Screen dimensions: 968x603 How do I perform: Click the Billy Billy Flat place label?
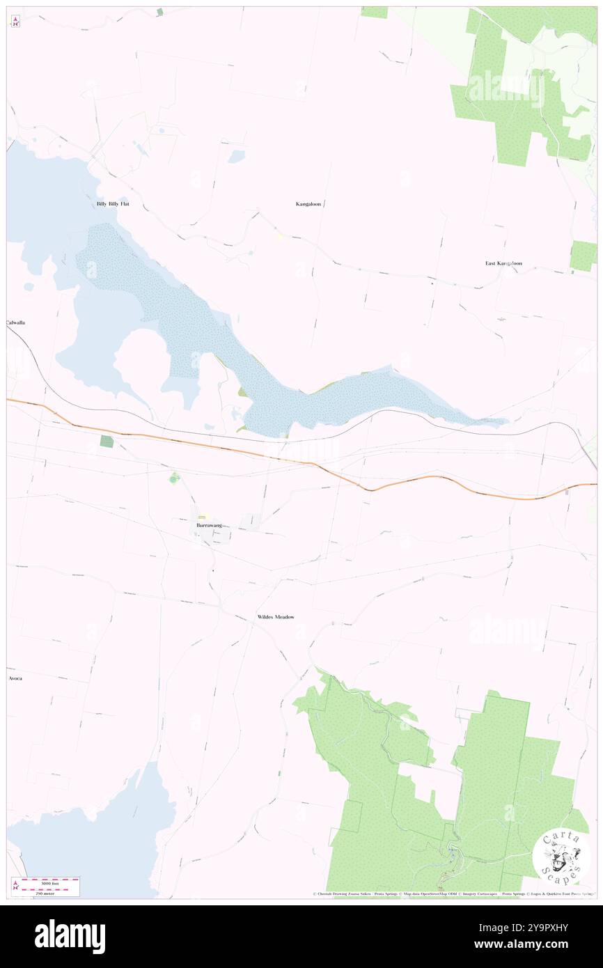[113, 204]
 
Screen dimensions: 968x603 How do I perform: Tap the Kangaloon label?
[308, 204]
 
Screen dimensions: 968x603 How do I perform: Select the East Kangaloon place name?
[503, 263]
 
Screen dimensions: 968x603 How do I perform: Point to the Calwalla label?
[16, 323]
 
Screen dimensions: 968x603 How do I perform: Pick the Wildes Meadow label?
[276, 617]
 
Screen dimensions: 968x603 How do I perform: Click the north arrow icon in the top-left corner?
[15, 22]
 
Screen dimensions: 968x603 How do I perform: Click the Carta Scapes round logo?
[561, 857]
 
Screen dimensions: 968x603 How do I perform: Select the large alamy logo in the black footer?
[70, 936]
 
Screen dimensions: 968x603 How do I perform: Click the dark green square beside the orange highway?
[106, 441]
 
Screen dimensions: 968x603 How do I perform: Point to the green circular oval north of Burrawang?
[174, 477]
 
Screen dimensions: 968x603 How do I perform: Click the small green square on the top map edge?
[159, 11]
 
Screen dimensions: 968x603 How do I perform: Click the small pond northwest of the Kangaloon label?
[236, 156]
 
